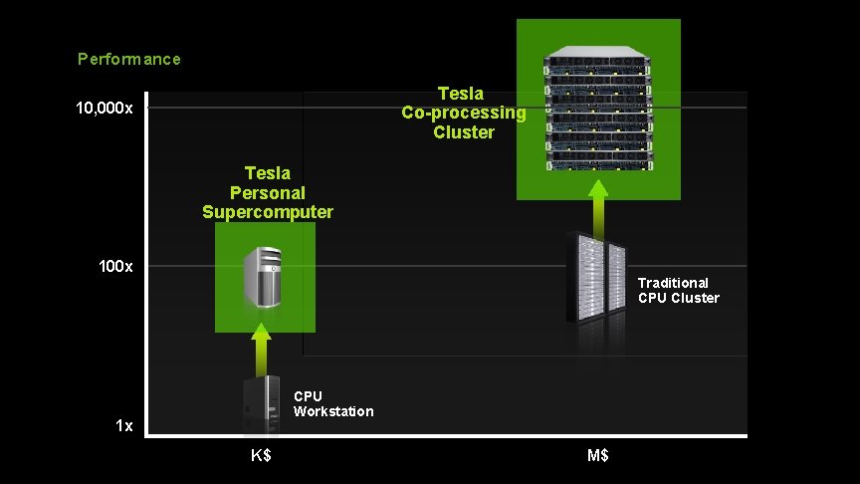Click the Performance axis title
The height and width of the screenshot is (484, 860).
pos(129,59)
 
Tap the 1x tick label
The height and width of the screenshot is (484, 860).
pos(123,426)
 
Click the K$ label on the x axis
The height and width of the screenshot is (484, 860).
pos(261,456)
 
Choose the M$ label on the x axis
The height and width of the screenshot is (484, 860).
pos(598,456)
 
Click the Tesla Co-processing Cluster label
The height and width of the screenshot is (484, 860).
pos(464,113)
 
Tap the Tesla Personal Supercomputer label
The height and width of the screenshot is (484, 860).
pos(267,192)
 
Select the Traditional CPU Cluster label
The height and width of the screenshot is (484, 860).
pos(678,290)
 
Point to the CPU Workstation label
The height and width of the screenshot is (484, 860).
pos(333,403)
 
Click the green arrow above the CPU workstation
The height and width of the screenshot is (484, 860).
pos(261,348)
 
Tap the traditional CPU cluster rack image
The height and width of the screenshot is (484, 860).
pos(596,279)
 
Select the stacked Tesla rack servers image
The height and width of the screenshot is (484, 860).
pos(598,108)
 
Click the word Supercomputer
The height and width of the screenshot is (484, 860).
pos(267,211)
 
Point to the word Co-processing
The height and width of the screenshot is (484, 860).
pos(464,113)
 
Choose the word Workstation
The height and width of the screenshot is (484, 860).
pos(333,411)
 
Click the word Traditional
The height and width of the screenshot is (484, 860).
pos(673,283)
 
